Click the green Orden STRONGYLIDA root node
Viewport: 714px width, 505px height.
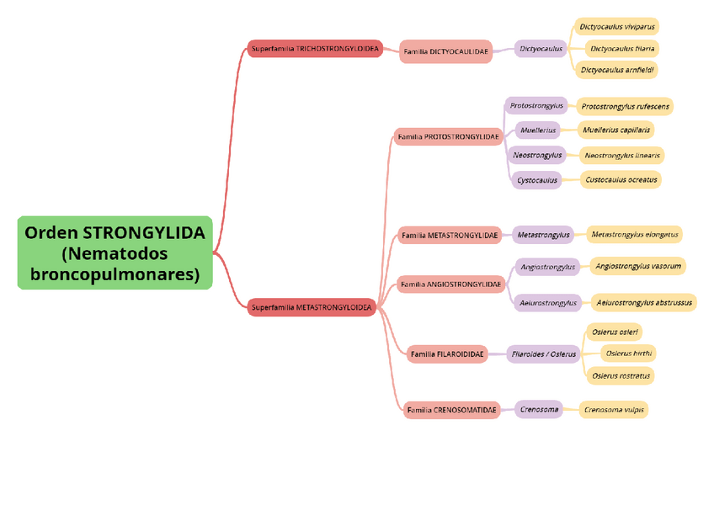(x=115, y=252)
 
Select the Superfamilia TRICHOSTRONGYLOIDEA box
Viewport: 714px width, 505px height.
(x=315, y=49)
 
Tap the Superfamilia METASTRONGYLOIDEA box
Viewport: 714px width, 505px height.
(x=312, y=307)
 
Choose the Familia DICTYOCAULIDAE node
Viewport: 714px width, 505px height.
(x=445, y=51)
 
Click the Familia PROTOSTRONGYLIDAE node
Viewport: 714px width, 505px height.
(x=448, y=136)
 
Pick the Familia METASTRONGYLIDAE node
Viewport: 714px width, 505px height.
(x=450, y=235)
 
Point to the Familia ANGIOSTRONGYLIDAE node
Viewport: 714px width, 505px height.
(x=450, y=284)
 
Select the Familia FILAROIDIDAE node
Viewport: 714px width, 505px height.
(x=447, y=354)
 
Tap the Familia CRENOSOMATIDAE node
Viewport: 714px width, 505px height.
(x=451, y=410)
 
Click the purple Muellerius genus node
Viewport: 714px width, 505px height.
(x=538, y=130)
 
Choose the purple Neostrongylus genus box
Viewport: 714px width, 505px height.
(x=537, y=155)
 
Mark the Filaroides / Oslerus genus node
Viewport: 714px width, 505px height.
(x=544, y=354)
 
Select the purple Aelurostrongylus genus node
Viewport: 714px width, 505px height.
(x=548, y=302)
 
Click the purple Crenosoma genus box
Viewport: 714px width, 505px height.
(x=539, y=410)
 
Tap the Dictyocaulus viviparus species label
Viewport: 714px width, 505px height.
(x=617, y=27)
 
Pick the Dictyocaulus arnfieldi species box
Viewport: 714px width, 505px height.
(x=617, y=70)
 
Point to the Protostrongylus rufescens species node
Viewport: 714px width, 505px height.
(x=626, y=106)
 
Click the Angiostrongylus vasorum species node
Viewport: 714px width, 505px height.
(x=637, y=266)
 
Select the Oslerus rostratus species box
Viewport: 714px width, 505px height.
(x=621, y=375)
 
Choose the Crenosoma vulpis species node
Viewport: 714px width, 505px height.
(x=615, y=410)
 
